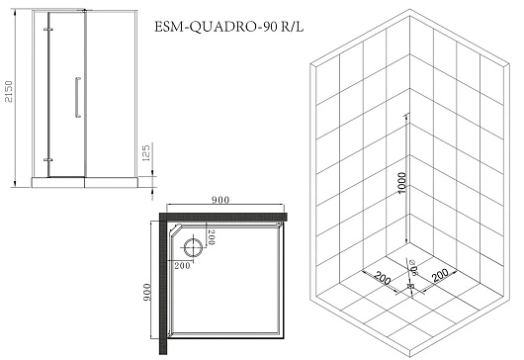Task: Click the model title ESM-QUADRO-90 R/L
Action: (x=229, y=27)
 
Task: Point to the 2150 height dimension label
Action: (x=8, y=92)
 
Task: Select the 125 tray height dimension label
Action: (x=146, y=152)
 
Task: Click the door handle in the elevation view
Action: (x=78, y=97)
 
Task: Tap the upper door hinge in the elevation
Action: (x=48, y=30)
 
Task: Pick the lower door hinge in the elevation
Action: (x=48, y=160)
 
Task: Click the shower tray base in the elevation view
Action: (x=85, y=183)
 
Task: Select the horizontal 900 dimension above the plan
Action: (x=220, y=200)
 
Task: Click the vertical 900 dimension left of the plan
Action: (x=147, y=292)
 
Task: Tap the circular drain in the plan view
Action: (x=193, y=247)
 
